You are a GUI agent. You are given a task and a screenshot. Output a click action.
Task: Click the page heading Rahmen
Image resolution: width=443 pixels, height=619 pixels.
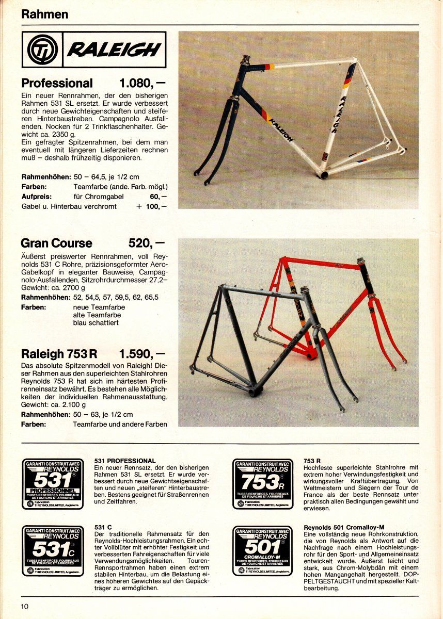coord(44,14)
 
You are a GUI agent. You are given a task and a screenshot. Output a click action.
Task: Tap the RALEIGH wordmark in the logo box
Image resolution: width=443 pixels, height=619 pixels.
coord(114,50)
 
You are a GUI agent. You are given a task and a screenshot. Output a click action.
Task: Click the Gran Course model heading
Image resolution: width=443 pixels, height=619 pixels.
coord(56,243)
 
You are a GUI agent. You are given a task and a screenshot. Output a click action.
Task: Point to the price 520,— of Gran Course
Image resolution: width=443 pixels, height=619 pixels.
coord(146,243)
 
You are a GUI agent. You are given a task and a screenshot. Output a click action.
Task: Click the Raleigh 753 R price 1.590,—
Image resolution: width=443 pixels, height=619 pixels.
coord(141,354)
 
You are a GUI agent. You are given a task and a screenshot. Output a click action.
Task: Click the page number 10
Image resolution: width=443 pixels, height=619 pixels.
coord(25,606)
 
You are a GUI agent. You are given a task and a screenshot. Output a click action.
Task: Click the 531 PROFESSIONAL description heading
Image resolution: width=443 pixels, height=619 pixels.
coord(125,460)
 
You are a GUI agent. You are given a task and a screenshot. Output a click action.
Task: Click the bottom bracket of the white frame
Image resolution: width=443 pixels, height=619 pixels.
coord(324,175)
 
